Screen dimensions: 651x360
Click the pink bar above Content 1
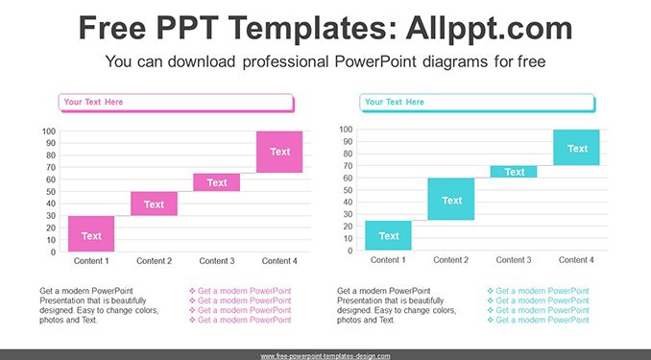click(x=91, y=234)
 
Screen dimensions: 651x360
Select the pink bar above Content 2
click(x=154, y=204)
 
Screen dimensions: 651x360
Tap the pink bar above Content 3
click(x=217, y=182)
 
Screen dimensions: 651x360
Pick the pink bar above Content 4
click(x=279, y=152)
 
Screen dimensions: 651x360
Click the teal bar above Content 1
click(x=388, y=235)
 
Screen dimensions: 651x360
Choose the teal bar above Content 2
click(x=451, y=199)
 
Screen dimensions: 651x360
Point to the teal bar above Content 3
click(x=514, y=172)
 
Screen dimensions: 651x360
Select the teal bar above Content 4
click(x=576, y=148)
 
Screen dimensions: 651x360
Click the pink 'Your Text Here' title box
click(x=177, y=103)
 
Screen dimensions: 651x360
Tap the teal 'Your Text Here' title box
click(x=477, y=103)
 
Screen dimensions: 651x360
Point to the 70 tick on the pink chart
click(x=51, y=167)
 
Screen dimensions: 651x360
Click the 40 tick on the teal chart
click(x=348, y=203)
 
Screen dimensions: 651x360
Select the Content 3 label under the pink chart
click(x=217, y=261)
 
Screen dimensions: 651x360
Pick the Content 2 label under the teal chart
click(x=451, y=260)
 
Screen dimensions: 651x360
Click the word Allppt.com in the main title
click(x=489, y=28)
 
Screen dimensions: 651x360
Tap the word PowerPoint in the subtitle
click(x=374, y=61)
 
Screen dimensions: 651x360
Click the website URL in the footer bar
click(x=325, y=356)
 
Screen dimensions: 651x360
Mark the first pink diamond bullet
click(x=192, y=291)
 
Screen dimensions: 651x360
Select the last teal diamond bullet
click(x=491, y=320)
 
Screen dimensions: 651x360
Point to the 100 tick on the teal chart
click(x=346, y=130)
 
